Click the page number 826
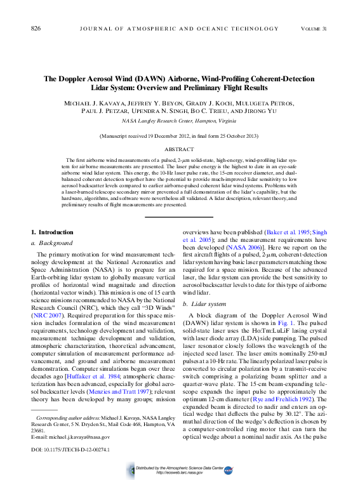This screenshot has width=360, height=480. coord(36,29)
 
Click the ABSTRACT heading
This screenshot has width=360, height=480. coord(180,149)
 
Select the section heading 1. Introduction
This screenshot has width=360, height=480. coord(53,232)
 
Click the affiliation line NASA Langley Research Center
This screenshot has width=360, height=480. coord(179,120)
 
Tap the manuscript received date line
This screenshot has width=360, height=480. coord(180,136)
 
